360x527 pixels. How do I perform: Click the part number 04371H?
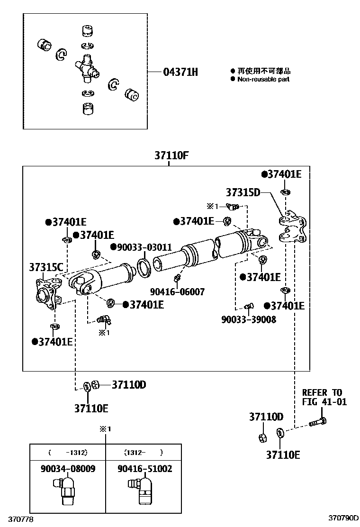pyautogui.click(x=180, y=72)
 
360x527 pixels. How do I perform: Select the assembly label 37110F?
pyautogui.click(x=171, y=156)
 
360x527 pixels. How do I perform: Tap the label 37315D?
pyautogui.click(x=243, y=192)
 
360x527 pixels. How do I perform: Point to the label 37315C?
pyautogui.click(x=46, y=267)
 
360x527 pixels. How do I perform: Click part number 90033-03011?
pyautogui.click(x=141, y=247)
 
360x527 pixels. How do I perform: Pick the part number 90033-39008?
pyautogui.click(x=249, y=319)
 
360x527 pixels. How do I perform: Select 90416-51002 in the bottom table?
pyautogui.click(x=144, y=469)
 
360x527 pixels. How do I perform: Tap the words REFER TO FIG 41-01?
pyautogui.click(x=324, y=397)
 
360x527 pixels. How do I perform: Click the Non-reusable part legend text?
pyautogui.click(x=263, y=79)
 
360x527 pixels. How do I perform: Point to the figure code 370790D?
pyautogui.click(x=344, y=518)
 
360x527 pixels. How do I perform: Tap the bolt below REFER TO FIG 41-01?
pyautogui.click(x=317, y=421)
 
